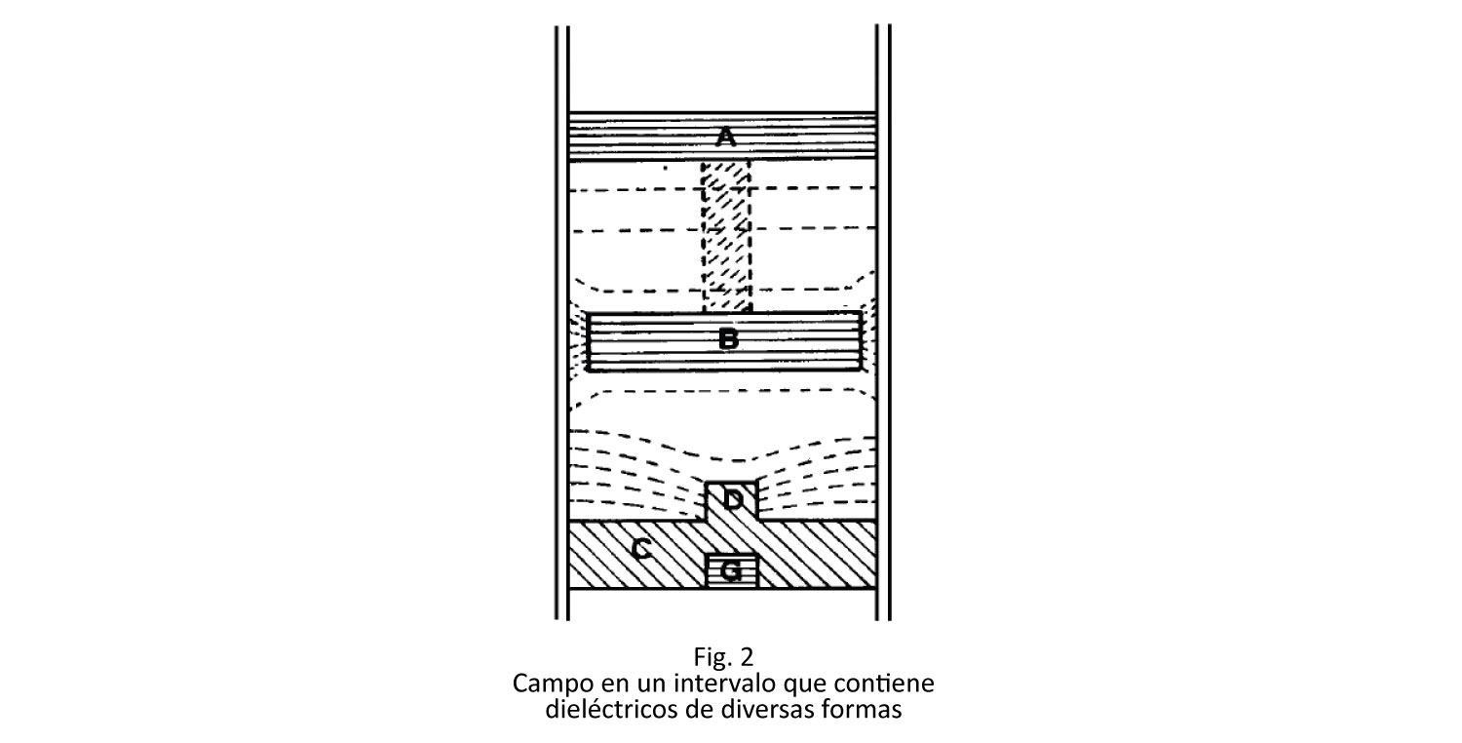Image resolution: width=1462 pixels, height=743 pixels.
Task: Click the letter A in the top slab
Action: point(726,137)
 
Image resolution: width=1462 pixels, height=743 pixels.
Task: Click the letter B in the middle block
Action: point(728,339)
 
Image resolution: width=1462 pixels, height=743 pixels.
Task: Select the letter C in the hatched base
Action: point(641,549)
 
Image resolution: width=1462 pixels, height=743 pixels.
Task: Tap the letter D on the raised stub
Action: point(733,500)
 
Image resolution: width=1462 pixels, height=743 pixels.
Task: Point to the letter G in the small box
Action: point(731,572)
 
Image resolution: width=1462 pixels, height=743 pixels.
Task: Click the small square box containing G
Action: point(732,571)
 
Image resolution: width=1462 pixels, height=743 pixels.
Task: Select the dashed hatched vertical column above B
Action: point(726,236)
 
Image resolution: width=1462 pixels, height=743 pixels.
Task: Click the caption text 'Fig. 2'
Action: point(723,655)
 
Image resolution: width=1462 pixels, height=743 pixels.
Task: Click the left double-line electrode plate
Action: point(562,323)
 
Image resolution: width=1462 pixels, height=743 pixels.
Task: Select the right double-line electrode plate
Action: point(883,323)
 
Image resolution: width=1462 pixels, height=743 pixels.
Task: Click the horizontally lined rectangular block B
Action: point(724,341)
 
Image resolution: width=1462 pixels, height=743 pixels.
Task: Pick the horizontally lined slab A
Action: point(722,137)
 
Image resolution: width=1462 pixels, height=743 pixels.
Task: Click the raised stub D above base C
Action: point(732,501)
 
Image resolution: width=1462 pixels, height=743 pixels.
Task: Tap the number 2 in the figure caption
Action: point(746,655)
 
